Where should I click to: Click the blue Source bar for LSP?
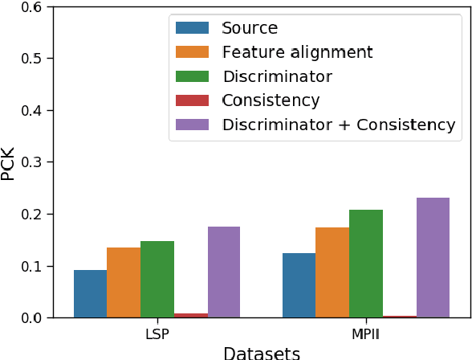pos(90,293)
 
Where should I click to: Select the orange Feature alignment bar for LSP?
pos(124,282)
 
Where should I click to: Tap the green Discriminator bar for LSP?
pos(157,279)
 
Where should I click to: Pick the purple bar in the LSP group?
pos(224,272)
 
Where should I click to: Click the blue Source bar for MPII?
pos(299,285)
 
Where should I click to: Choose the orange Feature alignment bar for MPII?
pos(332,272)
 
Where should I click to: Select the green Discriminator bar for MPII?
pos(365,264)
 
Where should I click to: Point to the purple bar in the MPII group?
pos(433,257)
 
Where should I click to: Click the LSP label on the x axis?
pos(157,333)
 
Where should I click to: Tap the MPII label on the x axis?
pos(365,333)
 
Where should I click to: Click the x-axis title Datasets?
pos(262,352)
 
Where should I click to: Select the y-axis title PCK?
pos(9,162)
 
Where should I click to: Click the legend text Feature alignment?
pos(297,52)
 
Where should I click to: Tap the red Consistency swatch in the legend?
pos(193,100)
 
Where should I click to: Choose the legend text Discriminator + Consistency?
pos(339,125)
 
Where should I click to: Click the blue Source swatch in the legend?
pos(193,28)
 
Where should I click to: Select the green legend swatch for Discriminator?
pos(193,76)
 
